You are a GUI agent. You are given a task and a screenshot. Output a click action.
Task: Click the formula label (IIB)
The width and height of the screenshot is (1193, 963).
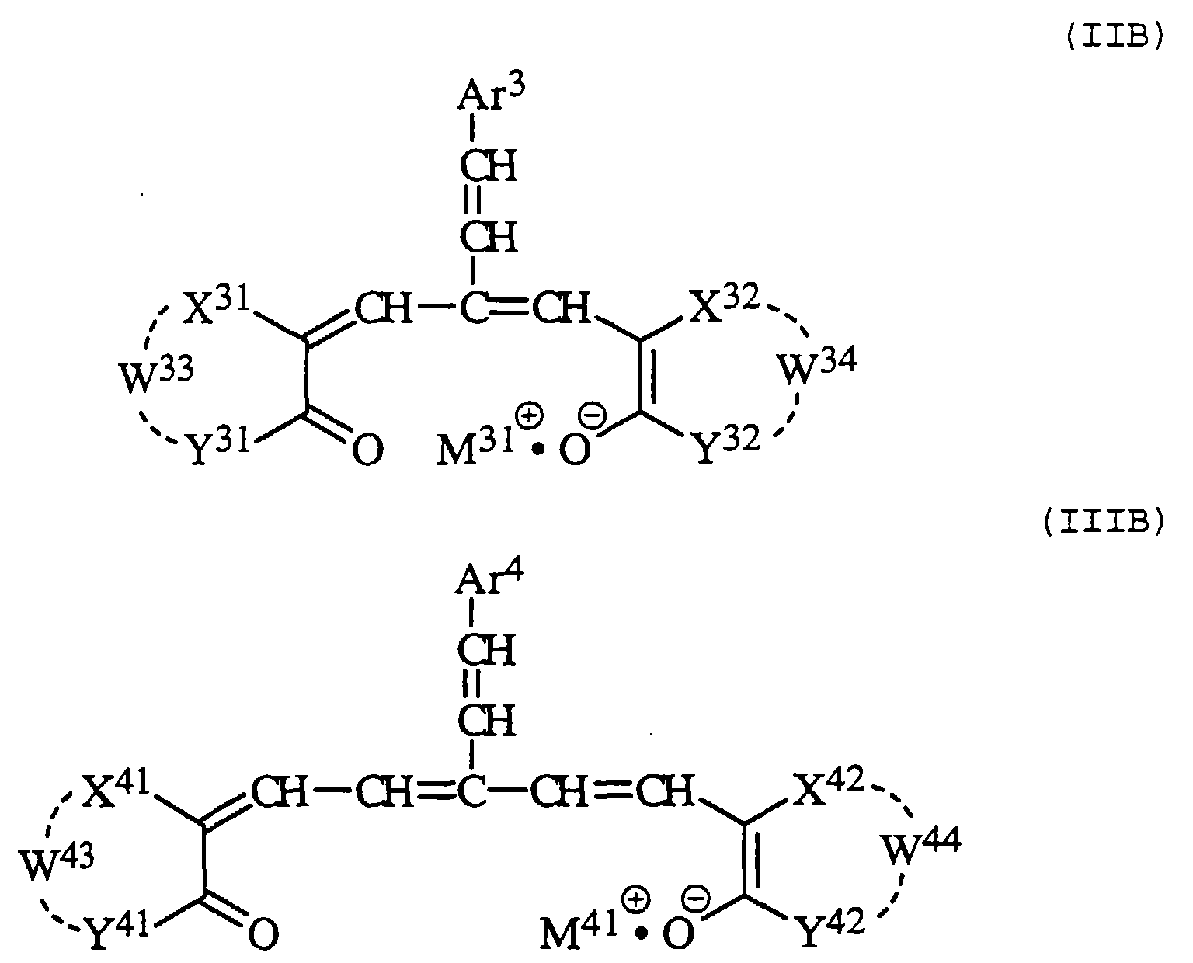pos(1112,39)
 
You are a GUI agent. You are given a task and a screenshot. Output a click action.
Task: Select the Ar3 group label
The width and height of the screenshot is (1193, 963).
pos(491,96)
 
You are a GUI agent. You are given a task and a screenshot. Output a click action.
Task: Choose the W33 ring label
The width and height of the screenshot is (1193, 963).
pos(155,374)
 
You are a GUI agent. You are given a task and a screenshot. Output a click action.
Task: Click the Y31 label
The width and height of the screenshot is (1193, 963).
pos(217,447)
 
